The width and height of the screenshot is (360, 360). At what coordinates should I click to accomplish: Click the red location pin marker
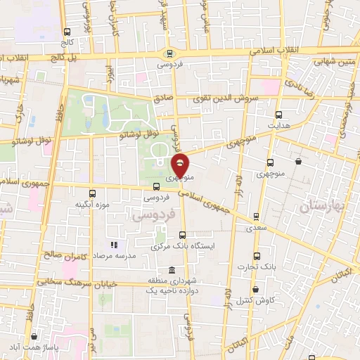click(x=181, y=166)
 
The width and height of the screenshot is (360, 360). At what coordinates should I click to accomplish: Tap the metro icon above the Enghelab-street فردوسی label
click(x=169, y=53)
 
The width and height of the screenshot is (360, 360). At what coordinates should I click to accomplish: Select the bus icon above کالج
click(x=67, y=32)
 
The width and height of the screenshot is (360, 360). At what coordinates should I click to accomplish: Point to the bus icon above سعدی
click(x=256, y=217)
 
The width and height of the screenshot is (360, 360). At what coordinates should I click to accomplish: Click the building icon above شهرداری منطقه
click(x=172, y=271)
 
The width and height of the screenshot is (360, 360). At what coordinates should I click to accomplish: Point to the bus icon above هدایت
click(x=278, y=115)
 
